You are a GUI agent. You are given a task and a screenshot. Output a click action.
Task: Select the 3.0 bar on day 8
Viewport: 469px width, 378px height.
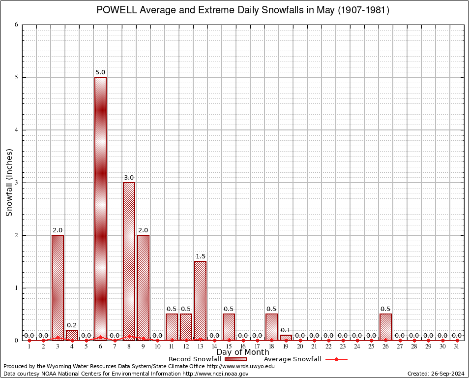click(129, 261)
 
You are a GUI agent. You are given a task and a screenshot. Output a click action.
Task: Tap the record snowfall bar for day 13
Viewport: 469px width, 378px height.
click(200, 301)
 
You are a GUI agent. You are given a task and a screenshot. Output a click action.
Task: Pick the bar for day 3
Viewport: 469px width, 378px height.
click(58, 288)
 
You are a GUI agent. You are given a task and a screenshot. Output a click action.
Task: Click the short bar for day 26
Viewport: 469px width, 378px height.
click(385, 327)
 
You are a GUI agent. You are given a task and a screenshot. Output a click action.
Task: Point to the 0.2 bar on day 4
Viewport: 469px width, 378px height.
click(72, 335)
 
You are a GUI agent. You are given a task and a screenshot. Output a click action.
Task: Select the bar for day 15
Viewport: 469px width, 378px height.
click(229, 327)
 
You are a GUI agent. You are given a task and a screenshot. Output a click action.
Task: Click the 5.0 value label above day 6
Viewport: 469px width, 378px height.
click(100, 72)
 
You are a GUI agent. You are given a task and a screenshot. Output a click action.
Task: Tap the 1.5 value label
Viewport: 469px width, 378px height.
click(200, 256)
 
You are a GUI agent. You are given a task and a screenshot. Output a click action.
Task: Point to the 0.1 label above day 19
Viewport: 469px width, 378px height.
click(286, 330)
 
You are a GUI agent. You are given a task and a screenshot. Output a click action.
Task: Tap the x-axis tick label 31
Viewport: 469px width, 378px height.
click(457, 347)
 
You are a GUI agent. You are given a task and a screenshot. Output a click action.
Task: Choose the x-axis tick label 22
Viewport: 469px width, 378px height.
click(328, 347)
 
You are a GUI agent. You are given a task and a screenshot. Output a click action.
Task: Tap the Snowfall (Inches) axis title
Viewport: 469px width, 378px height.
click(9, 182)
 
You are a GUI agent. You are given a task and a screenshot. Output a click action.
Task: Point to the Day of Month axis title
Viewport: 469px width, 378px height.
click(242, 352)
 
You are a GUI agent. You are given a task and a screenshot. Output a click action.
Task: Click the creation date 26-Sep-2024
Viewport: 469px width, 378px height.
click(446, 374)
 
